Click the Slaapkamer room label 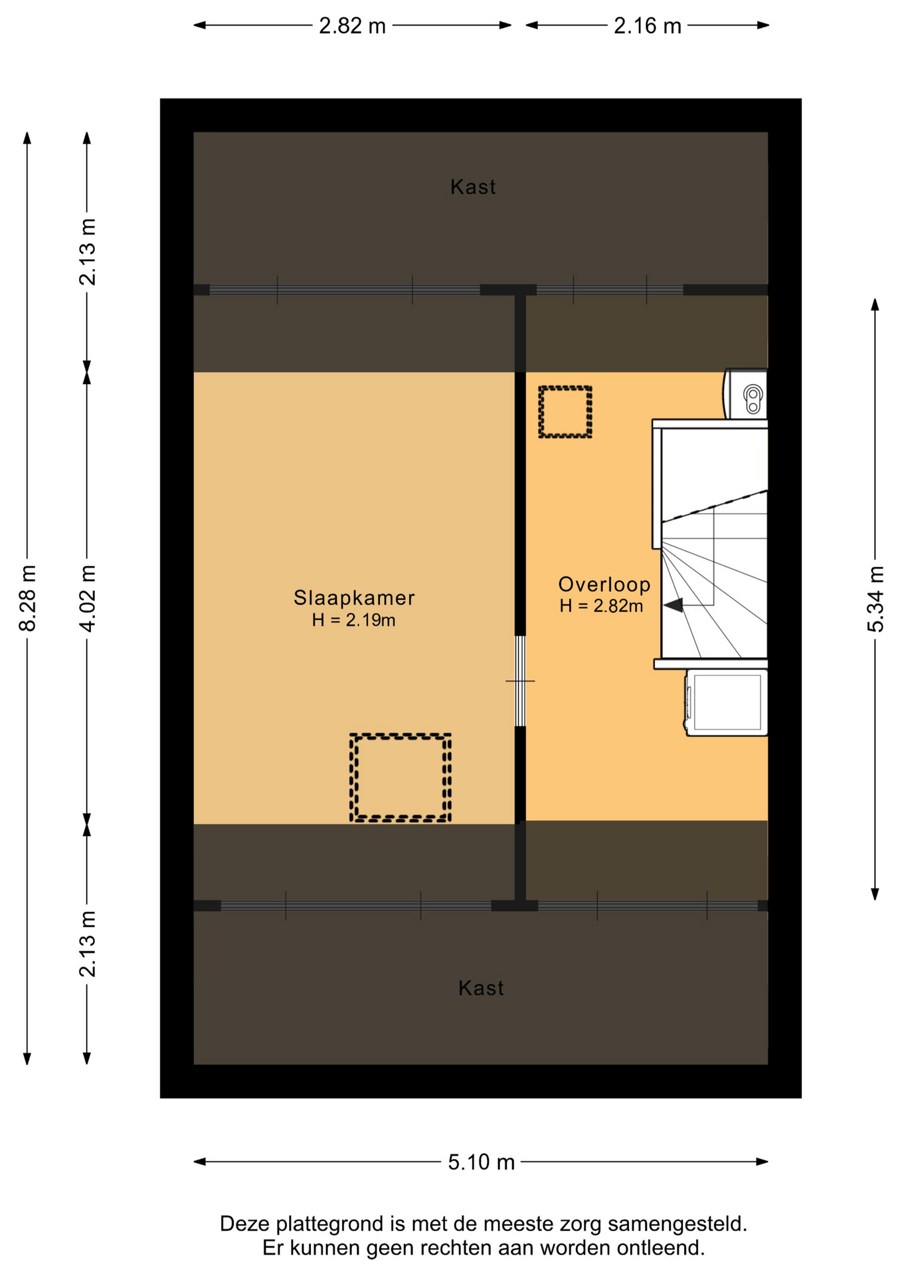tap(354, 597)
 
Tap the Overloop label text tap(604, 584)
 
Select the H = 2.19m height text tap(353, 620)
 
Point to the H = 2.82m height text tap(601, 605)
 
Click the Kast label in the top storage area tap(473, 187)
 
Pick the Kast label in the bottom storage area tap(481, 988)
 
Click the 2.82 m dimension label tap(352, 26)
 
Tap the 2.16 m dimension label tap(648, 26)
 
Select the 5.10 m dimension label tap(481, 1162)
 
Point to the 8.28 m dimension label tap(28, 598)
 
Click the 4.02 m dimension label tap(87, 598)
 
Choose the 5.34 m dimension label tap(875, 599)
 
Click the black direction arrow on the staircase tap(673, 605)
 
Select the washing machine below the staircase tap(726, 702)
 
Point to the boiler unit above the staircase tap(745, 394)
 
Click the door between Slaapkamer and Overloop tap(520, 681)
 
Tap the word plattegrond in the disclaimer tap(329, 1224)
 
